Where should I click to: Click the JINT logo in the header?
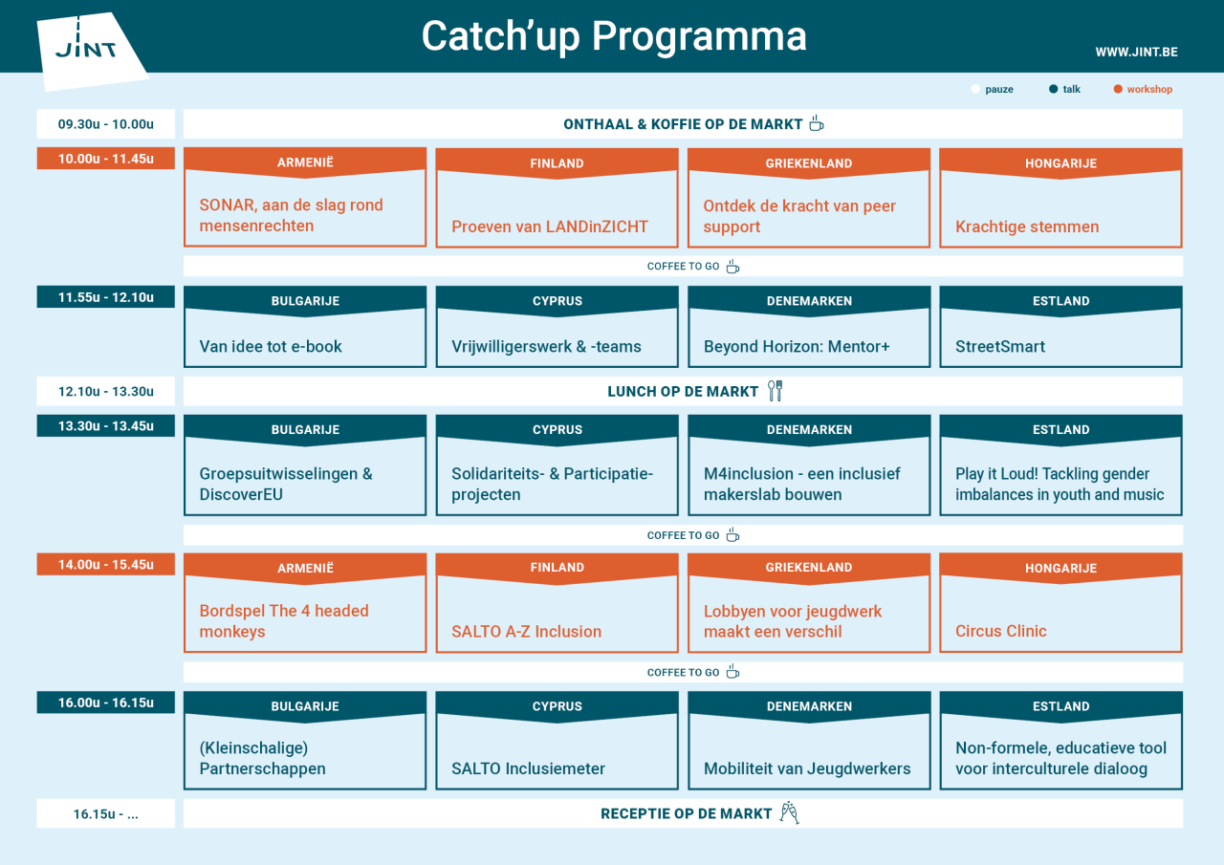pyautogui.click(x=88, y=48)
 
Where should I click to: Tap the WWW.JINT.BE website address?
pyautogui.click(x=1136, y=52)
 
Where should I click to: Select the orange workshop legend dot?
pyautogui.click(x=1118, y=89)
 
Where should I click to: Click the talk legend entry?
pyautogui.click(x=1064, y=89)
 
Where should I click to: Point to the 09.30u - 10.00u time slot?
pyautogui.click(x=105, y=124)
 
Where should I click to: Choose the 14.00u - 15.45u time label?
pyautogui.click(x=105, y=564)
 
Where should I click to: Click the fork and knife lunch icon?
pyautogui.click(x=776, y=390)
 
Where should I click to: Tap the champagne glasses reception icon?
pyautogui.click(x=789, y=813)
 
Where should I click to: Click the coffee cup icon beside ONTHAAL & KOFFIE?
pyautogui.click(x=816, y=123)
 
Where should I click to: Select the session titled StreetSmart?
pyautogui.click(x=1000, y=347)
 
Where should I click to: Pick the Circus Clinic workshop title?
pyautogui.click(x=1001, y=631)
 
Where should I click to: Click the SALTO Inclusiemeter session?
pyautogui.click(x=528, y=768)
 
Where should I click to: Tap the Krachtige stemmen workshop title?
pyautogui.click(x=1027, y=227)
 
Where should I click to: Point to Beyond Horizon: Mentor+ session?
pyautogui.click(x=797, y=347)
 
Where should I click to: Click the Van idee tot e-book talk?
pyautogui.click(x=271, y=347)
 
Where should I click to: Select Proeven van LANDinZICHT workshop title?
pyautogui.click(x=550, y=227)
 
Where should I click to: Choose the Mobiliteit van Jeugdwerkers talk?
pyautogui.click(x=807, y=768)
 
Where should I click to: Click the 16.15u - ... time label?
pyautogui.click(x=105, y=813)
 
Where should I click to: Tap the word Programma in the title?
pyautogui.click(x=699, y=36)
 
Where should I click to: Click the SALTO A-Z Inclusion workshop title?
pyautogui.click(x=526, y=631)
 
